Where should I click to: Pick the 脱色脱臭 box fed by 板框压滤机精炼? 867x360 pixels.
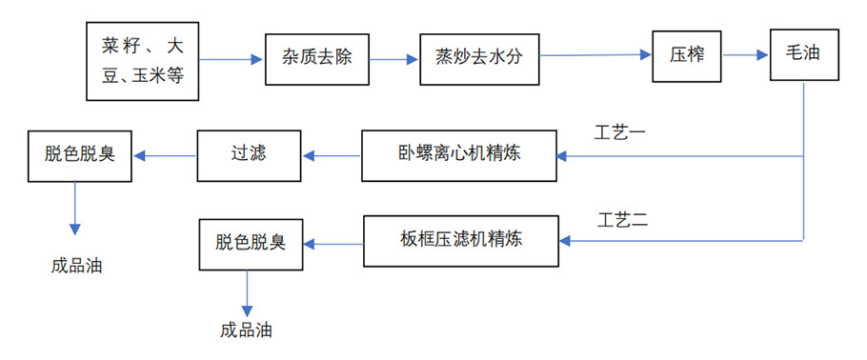coord(252,244)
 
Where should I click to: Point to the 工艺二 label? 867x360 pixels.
coord(622,220)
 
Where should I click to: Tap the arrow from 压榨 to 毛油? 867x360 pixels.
coord(745,56)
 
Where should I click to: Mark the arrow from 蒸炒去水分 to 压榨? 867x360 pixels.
coord(595,56)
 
